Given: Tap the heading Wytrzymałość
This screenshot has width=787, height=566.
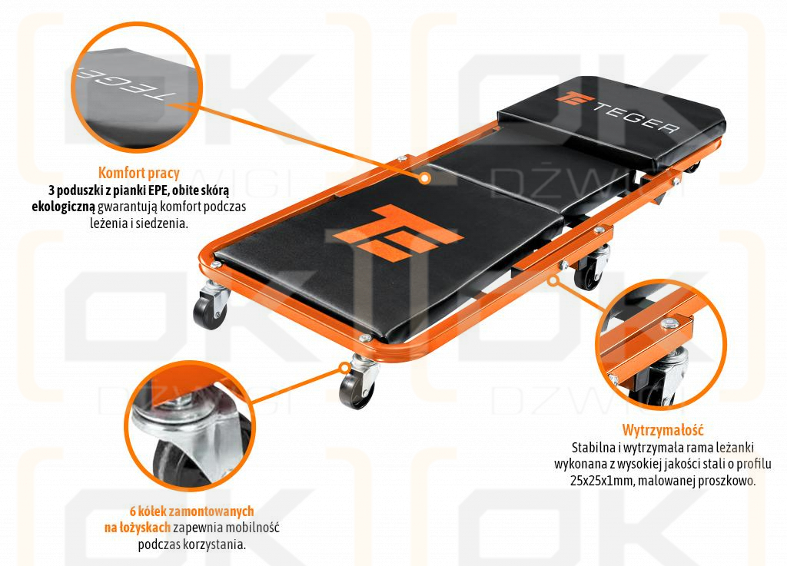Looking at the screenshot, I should tap(662, 430).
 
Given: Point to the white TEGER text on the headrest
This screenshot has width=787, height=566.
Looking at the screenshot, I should tap(638, 115).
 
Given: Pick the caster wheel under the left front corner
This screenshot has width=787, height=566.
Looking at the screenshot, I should tap(210, 306).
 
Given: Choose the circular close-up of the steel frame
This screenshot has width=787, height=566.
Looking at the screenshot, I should tap(662, 346).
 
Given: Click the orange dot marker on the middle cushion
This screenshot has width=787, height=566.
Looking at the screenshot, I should tap(423, 177).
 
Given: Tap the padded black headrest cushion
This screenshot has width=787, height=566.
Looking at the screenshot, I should tap(615, 123).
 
